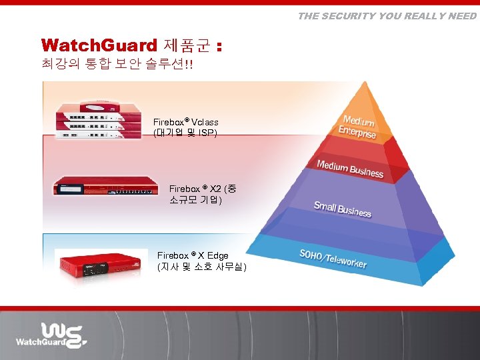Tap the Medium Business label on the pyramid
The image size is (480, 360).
click(350, 169)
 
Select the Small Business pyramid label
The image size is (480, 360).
click(342, 209)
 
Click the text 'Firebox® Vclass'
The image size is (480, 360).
click(185, 123)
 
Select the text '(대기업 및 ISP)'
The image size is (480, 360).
click(185, 133)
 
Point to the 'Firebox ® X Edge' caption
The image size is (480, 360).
click(193, 255)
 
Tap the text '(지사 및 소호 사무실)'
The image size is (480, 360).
click(201, 267)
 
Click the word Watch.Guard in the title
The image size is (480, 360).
click(98, 45)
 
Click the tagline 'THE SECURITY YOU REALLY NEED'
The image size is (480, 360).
click(387, 16)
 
